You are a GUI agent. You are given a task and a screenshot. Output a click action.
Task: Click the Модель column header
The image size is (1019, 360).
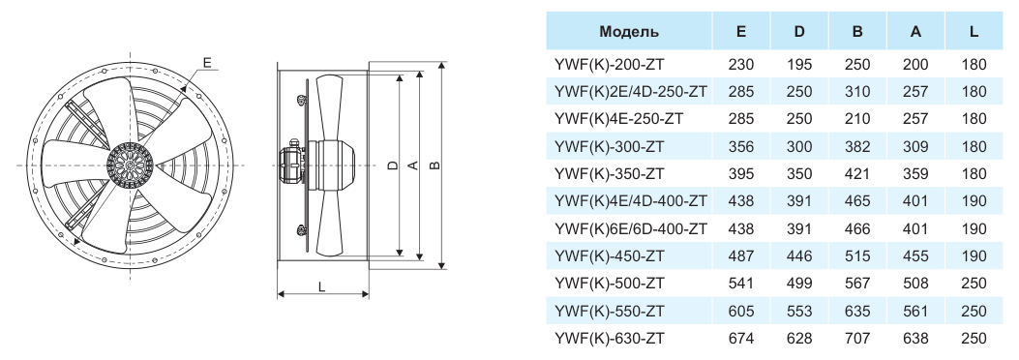point(628,32)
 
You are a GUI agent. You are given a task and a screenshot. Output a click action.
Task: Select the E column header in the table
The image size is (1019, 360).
point(741,32)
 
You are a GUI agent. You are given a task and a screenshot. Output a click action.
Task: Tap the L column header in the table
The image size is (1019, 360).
point(974,32)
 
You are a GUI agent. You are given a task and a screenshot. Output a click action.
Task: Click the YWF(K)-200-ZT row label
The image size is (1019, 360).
point(610,64)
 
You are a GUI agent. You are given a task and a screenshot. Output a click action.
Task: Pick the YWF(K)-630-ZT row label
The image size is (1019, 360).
point(610,338)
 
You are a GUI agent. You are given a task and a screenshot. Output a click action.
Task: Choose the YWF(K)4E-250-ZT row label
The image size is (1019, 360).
point(618,119)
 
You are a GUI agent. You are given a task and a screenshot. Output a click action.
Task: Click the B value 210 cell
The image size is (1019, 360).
point(857,119)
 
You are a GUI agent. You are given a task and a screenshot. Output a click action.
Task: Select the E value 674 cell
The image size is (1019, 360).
point(741,338)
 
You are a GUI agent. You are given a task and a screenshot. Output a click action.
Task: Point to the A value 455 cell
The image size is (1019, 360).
point(915,256)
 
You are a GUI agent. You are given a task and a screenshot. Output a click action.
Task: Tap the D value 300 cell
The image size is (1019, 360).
point(798,146)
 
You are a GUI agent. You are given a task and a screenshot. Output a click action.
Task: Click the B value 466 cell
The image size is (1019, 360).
point(857,228)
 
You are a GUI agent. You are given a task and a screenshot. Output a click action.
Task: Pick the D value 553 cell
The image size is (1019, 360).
point(798,311)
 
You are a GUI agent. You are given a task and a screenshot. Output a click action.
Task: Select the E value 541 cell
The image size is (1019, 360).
point(741,284)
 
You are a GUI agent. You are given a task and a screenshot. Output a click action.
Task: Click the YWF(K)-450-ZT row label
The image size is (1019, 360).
point(610,256)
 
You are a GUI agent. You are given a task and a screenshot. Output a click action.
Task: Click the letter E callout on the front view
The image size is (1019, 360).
point(207,62)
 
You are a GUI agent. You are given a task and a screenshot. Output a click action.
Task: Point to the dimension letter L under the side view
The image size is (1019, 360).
point(321,285)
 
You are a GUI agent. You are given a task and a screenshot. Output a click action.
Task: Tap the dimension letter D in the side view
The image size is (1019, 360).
point(392,165)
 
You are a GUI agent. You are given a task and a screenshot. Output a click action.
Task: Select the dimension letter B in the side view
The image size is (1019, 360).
point(435,165)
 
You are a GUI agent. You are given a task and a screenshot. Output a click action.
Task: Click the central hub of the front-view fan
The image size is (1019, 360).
point(130,165)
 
